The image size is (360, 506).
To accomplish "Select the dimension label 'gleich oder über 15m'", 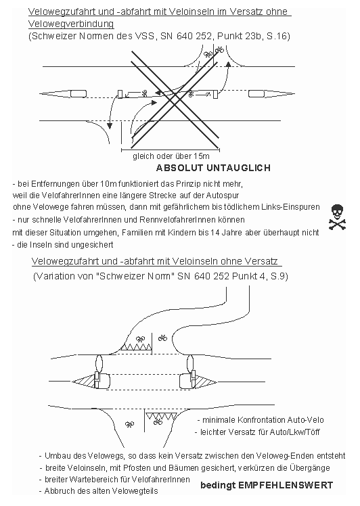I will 166,155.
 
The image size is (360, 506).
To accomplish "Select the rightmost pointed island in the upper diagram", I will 262,93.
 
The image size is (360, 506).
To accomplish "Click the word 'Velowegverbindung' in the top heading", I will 70,24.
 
